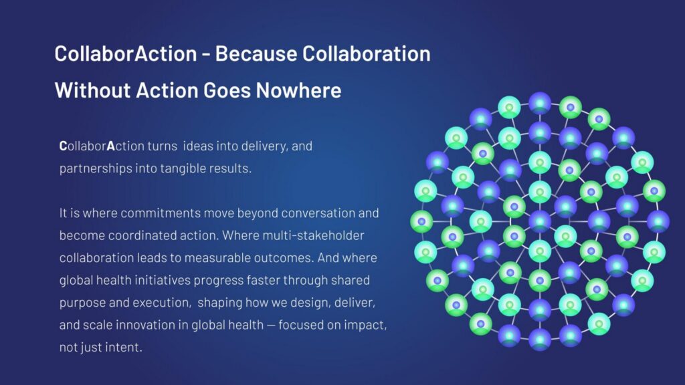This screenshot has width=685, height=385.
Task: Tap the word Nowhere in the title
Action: pos(298,90)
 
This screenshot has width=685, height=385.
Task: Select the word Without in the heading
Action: pos(92,90)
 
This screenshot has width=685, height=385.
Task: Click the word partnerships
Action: pos(96,168)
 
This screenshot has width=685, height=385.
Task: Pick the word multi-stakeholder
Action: pos(313,235)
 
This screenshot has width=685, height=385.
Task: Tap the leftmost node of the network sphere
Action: pos(421,221)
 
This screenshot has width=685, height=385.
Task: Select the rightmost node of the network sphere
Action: pos(658,221)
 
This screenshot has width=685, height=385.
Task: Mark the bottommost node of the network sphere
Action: pos(540,339)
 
